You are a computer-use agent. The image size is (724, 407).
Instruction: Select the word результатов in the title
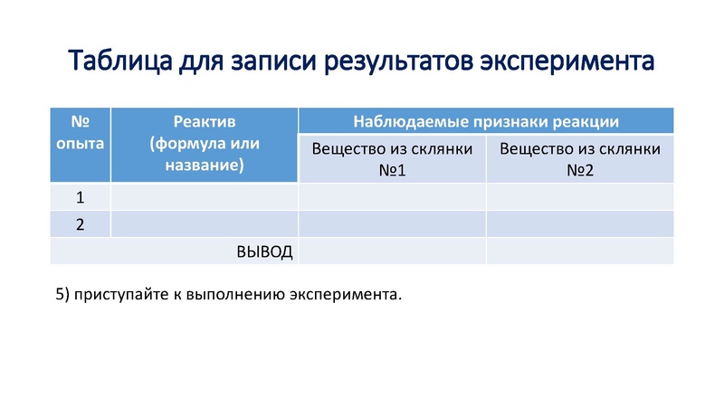(x=388, y=62)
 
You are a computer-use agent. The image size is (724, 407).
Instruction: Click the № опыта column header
(x=80, y=132)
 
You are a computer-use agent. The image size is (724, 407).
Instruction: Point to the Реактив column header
(x=205, y=143)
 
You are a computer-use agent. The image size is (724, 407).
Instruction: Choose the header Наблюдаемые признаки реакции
(x=486, y=121)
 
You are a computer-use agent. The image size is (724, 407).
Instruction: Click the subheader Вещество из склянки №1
(x=392, y=158)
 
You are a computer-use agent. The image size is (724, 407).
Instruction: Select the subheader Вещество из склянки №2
(x=580, y=158)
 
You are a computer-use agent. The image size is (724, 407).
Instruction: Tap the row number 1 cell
(x=80, y=197)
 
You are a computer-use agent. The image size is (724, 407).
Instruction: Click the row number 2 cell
(x=80, y=224)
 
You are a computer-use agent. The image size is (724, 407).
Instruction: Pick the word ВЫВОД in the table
(x=264, y=251)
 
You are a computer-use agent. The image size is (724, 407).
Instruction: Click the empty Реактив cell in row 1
(x=205, y=197)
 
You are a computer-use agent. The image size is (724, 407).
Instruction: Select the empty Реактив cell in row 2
(x=205, y=224)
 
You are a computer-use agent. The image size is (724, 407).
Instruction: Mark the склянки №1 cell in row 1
(x=392, y=197)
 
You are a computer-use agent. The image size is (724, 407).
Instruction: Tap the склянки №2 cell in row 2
(x=580, y=224)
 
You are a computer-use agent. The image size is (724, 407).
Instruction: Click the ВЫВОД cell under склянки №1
(x=392, y=251)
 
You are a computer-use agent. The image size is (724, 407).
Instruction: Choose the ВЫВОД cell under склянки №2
(x=580, y=251)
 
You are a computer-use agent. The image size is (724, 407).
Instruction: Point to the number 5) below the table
(x=62, y=294)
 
